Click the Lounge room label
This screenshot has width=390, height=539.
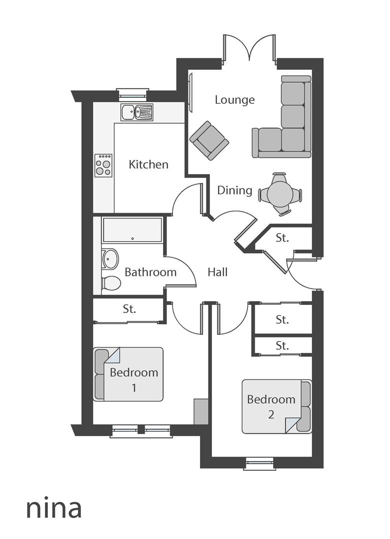tap(234, 100)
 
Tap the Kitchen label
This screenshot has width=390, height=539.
tap(148, 164)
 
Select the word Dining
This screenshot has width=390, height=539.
tap(234, 190)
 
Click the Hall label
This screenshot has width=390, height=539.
tap(217, 272)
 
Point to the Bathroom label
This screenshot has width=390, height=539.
tap(150, 272)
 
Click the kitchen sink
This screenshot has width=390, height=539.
tap(136, 112)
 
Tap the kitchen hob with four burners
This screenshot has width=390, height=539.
tap(103, 166)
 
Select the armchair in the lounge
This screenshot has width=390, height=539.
tap(209, 140)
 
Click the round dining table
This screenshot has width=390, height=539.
tap(280, 194)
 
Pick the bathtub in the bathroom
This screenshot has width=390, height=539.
tap(132, 230)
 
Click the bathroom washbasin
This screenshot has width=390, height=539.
tap(110, 259)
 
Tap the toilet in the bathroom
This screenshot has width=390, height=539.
tap(111, 283)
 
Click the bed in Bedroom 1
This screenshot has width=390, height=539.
tap(129, 374)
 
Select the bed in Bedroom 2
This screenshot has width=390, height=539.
tap(276, 406)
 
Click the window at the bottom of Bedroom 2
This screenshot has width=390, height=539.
tap(259, 464)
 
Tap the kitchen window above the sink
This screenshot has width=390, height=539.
tap(133, 94)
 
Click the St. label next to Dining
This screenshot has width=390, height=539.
tap(282, 238)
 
